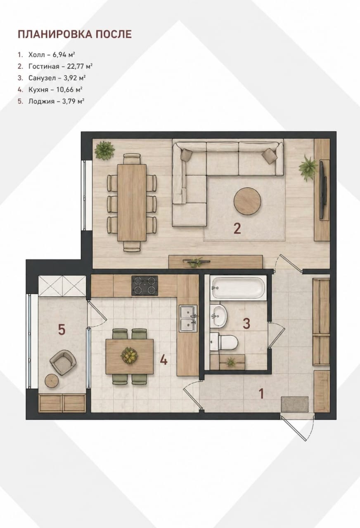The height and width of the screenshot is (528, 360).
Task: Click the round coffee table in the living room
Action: point(247,201)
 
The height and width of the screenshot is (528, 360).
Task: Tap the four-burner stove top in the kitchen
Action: point(144,285)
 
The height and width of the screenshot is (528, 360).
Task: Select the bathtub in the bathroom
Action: point(237,288)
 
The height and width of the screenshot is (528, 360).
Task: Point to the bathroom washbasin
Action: point(218,316)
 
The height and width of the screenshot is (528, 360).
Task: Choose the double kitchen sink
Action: point(188,318)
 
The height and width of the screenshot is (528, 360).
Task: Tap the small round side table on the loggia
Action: point(52,381)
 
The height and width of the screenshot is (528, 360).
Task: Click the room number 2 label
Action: point(237,229)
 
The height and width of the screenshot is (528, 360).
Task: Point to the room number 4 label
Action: point(164,360)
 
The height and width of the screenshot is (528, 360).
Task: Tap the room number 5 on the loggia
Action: point(62,329)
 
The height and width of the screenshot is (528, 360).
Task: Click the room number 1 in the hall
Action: point(261,393)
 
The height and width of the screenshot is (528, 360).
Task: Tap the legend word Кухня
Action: point(38,90)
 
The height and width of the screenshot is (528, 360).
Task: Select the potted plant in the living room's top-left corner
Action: point(104,151)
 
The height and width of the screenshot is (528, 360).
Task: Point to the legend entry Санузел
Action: point(42,78)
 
